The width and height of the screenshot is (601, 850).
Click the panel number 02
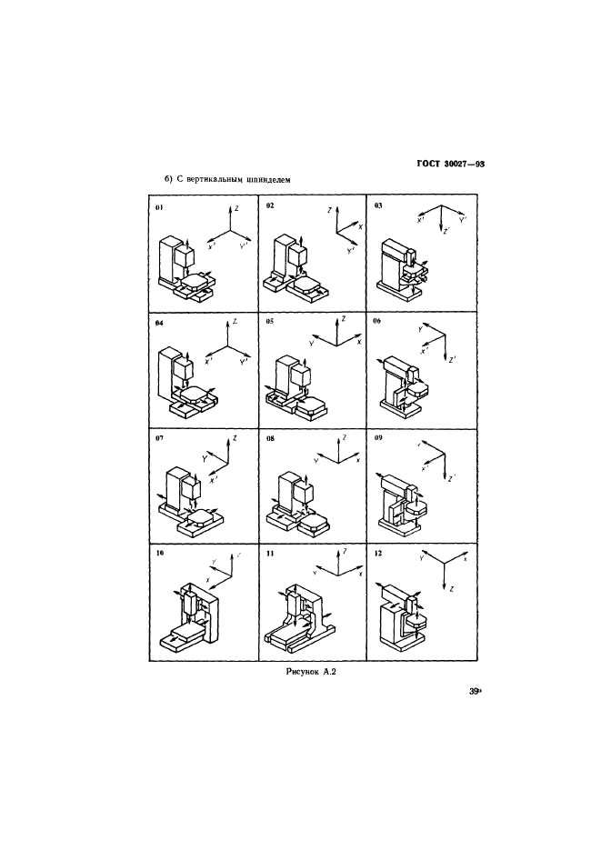(270, 207)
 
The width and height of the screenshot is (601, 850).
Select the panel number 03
(378, 206)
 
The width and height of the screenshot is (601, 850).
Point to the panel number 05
(270, 322)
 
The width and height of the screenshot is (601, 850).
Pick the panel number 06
(378, 322)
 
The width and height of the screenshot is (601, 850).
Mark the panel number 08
(270, 437)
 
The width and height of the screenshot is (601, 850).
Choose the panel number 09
(378, 437)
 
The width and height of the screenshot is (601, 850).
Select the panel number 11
(270, 552)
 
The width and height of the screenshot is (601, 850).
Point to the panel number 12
(378, 552)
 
